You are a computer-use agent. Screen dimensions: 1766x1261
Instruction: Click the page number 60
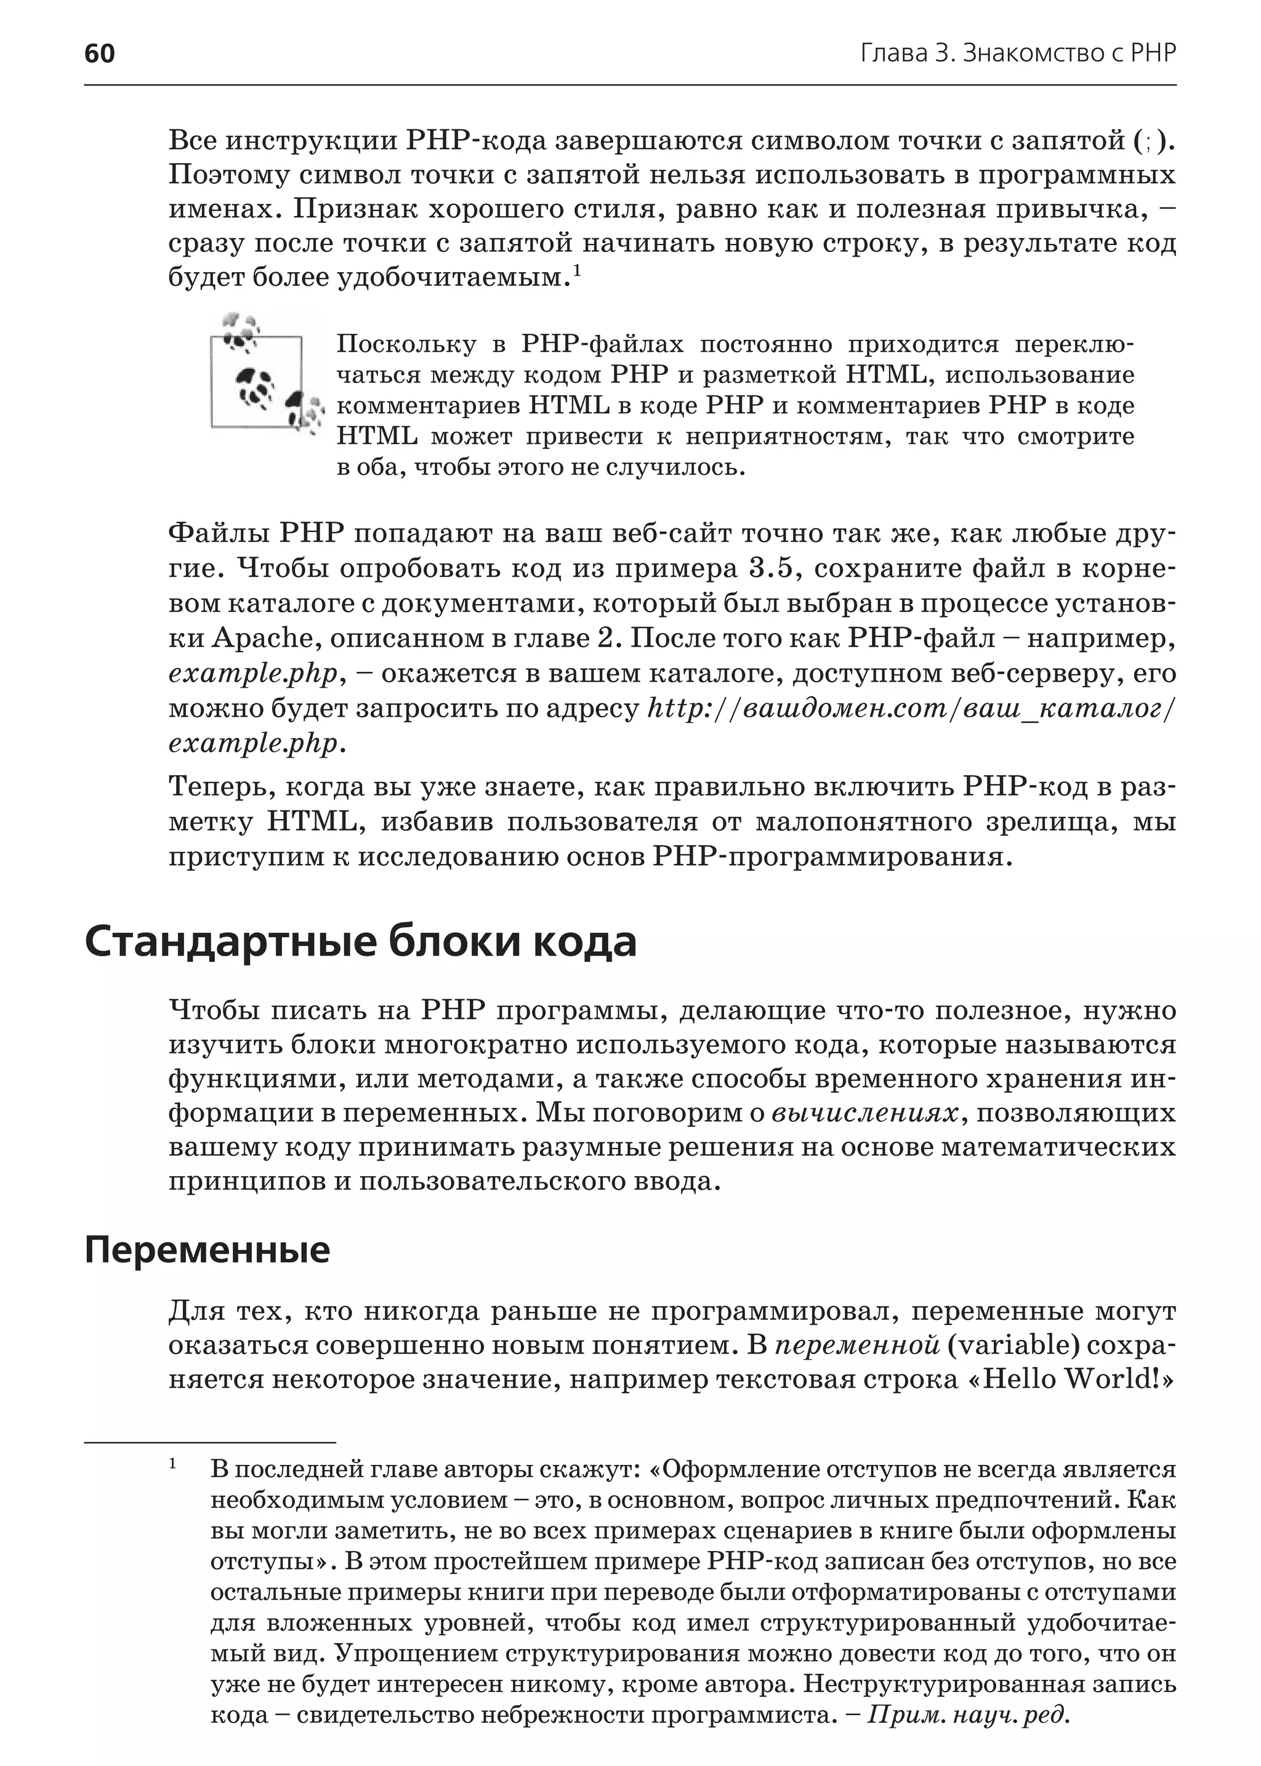tap(99, 53)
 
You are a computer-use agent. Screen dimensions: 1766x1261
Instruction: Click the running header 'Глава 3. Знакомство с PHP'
tap(1018, 53)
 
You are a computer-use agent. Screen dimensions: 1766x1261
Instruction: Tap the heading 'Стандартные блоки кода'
tap(360, 942)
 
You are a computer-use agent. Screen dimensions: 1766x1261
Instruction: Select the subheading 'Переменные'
tap(207, 1249)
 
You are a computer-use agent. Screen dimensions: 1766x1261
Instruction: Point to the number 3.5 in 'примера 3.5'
tap(773, 568)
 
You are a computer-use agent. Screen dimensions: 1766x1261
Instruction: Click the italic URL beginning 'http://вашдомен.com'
tap(911, 708)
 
